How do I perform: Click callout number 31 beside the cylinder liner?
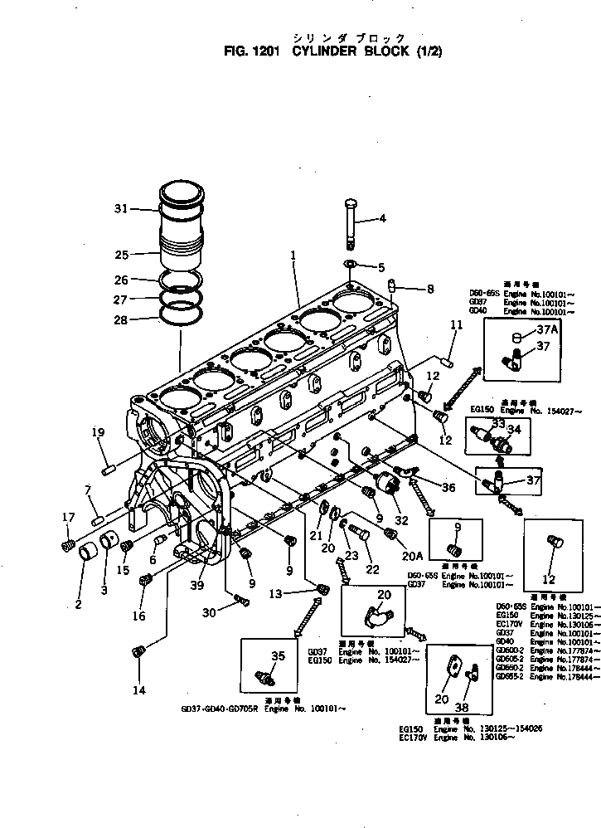(120, 209)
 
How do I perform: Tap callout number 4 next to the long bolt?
(382, 219)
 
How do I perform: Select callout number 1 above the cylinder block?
(293, 257)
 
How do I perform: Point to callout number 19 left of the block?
(98, 431)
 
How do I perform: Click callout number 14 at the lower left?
(138, 690)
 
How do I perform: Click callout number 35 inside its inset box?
(278, 655)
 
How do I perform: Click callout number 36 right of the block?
(448, 487)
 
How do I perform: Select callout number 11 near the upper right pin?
(455, 324)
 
